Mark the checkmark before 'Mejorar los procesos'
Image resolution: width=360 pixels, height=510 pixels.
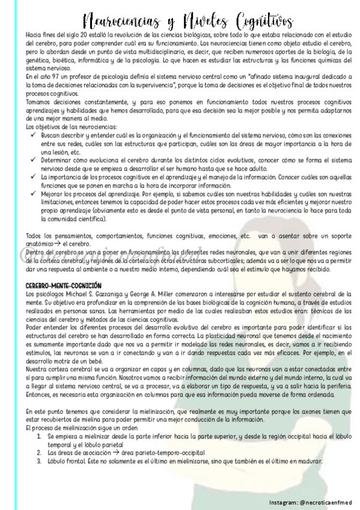[x=32, y=194]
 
